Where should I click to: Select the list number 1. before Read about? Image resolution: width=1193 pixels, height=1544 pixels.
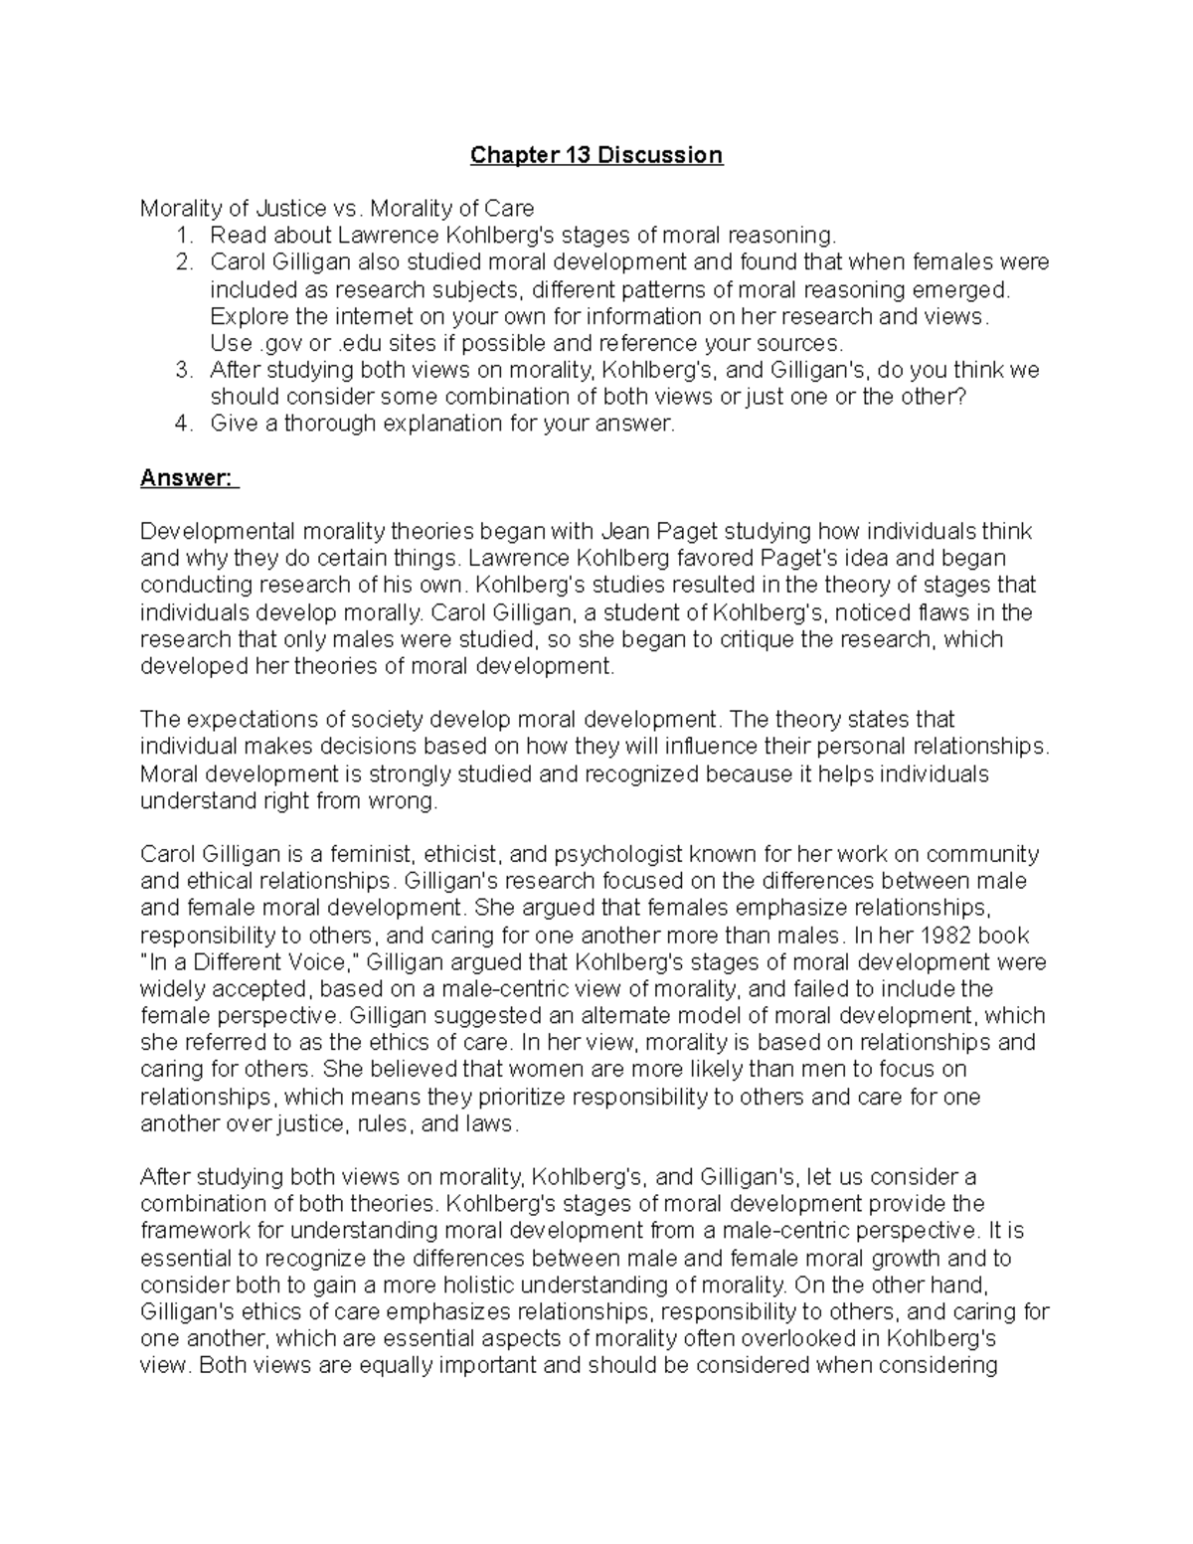click(184, 236)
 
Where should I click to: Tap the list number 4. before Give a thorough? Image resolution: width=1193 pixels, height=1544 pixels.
click(184, 424)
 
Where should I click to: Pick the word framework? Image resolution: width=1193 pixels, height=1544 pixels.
click(194, 1231)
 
